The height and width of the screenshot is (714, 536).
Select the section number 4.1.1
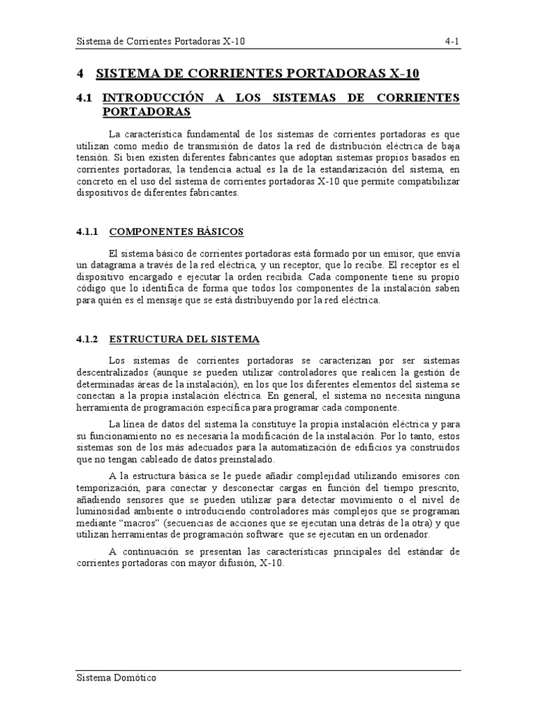point(89,231)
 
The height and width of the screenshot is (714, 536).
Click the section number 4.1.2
point(89,339)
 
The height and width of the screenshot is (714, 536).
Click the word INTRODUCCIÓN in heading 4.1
point(154,98)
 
